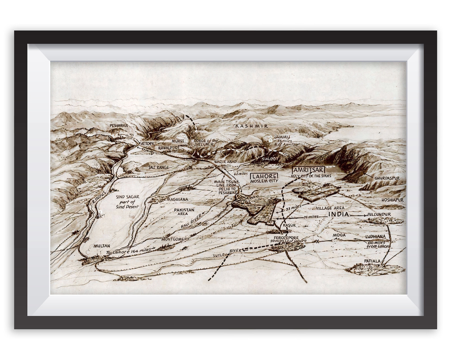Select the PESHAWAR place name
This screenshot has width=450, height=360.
click(119, 125)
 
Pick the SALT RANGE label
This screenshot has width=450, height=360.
click(159, 167)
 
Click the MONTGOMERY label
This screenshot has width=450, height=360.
click(175, 239)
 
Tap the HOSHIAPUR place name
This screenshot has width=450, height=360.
click(392, 200)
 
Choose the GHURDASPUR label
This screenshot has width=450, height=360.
click(387, 178)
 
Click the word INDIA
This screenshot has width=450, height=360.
click(338, 214)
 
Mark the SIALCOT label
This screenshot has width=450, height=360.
click(269, 159)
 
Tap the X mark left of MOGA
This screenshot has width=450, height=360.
click(317, 241)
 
